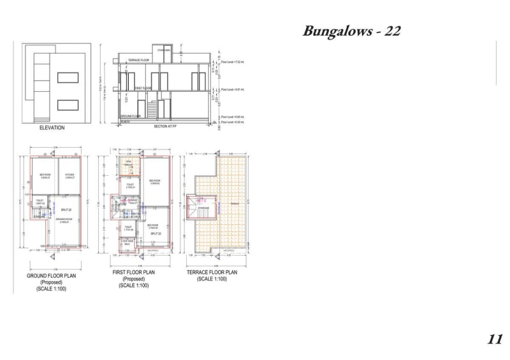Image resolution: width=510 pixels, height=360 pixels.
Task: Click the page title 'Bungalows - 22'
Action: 351,31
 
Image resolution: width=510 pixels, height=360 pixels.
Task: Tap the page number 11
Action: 495,339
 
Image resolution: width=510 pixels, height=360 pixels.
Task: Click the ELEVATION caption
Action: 52,127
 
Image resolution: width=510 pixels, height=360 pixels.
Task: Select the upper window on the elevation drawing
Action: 67,78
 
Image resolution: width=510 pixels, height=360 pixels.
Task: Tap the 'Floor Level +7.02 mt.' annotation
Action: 234,62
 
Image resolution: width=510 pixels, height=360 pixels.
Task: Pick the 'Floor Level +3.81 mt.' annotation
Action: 234,89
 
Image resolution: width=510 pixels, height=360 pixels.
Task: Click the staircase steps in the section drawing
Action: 152,110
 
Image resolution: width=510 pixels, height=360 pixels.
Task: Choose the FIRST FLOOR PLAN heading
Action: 134,273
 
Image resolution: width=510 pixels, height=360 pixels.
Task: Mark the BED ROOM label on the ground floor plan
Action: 45,175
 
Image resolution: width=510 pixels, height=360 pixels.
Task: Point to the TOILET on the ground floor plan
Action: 40,202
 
